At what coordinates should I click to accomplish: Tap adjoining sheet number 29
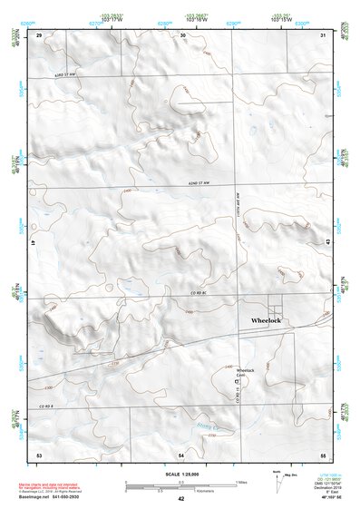[39, 34]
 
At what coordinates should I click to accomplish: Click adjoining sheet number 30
[183, 34]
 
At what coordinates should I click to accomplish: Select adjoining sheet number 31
[324, 34]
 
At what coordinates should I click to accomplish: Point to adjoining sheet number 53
[39, 453]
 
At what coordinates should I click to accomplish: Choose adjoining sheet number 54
[181, 453]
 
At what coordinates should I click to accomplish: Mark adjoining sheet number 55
[322, 453]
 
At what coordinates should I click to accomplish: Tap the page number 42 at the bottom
[180, 498]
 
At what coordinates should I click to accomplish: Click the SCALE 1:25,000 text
[180, 475]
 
